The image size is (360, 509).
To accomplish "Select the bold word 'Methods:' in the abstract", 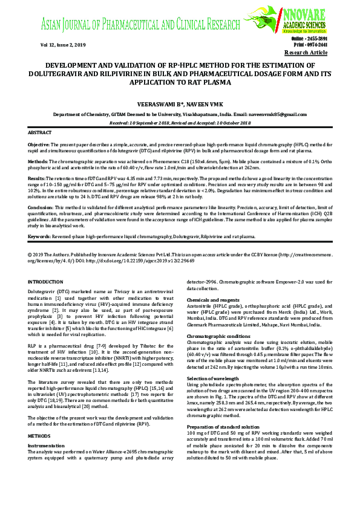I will pos(38,163).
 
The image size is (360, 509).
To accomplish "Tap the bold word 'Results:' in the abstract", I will pos(37,179).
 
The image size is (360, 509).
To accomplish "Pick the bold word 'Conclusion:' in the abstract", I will pos(41,207).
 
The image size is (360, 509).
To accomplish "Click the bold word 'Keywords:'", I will pos(40,237).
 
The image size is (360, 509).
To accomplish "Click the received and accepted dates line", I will pos(180,122).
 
